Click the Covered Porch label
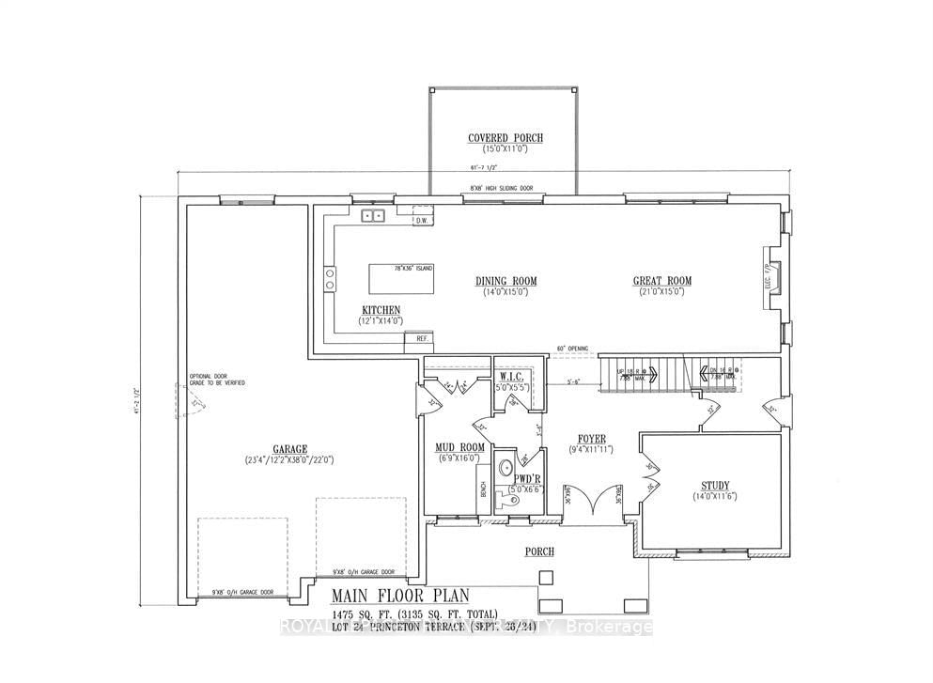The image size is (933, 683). tap(505, 138)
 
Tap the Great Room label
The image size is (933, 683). tap(662, 280)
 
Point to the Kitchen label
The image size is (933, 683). tap(381, 310)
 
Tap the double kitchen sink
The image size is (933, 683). tap(374, 215)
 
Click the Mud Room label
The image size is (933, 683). tap(459, 447)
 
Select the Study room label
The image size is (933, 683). tap(715, 486)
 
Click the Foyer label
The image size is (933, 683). tap(591, 438)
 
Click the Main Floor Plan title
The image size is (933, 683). tap(404, 597)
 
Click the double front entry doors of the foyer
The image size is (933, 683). tap(591, 499)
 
